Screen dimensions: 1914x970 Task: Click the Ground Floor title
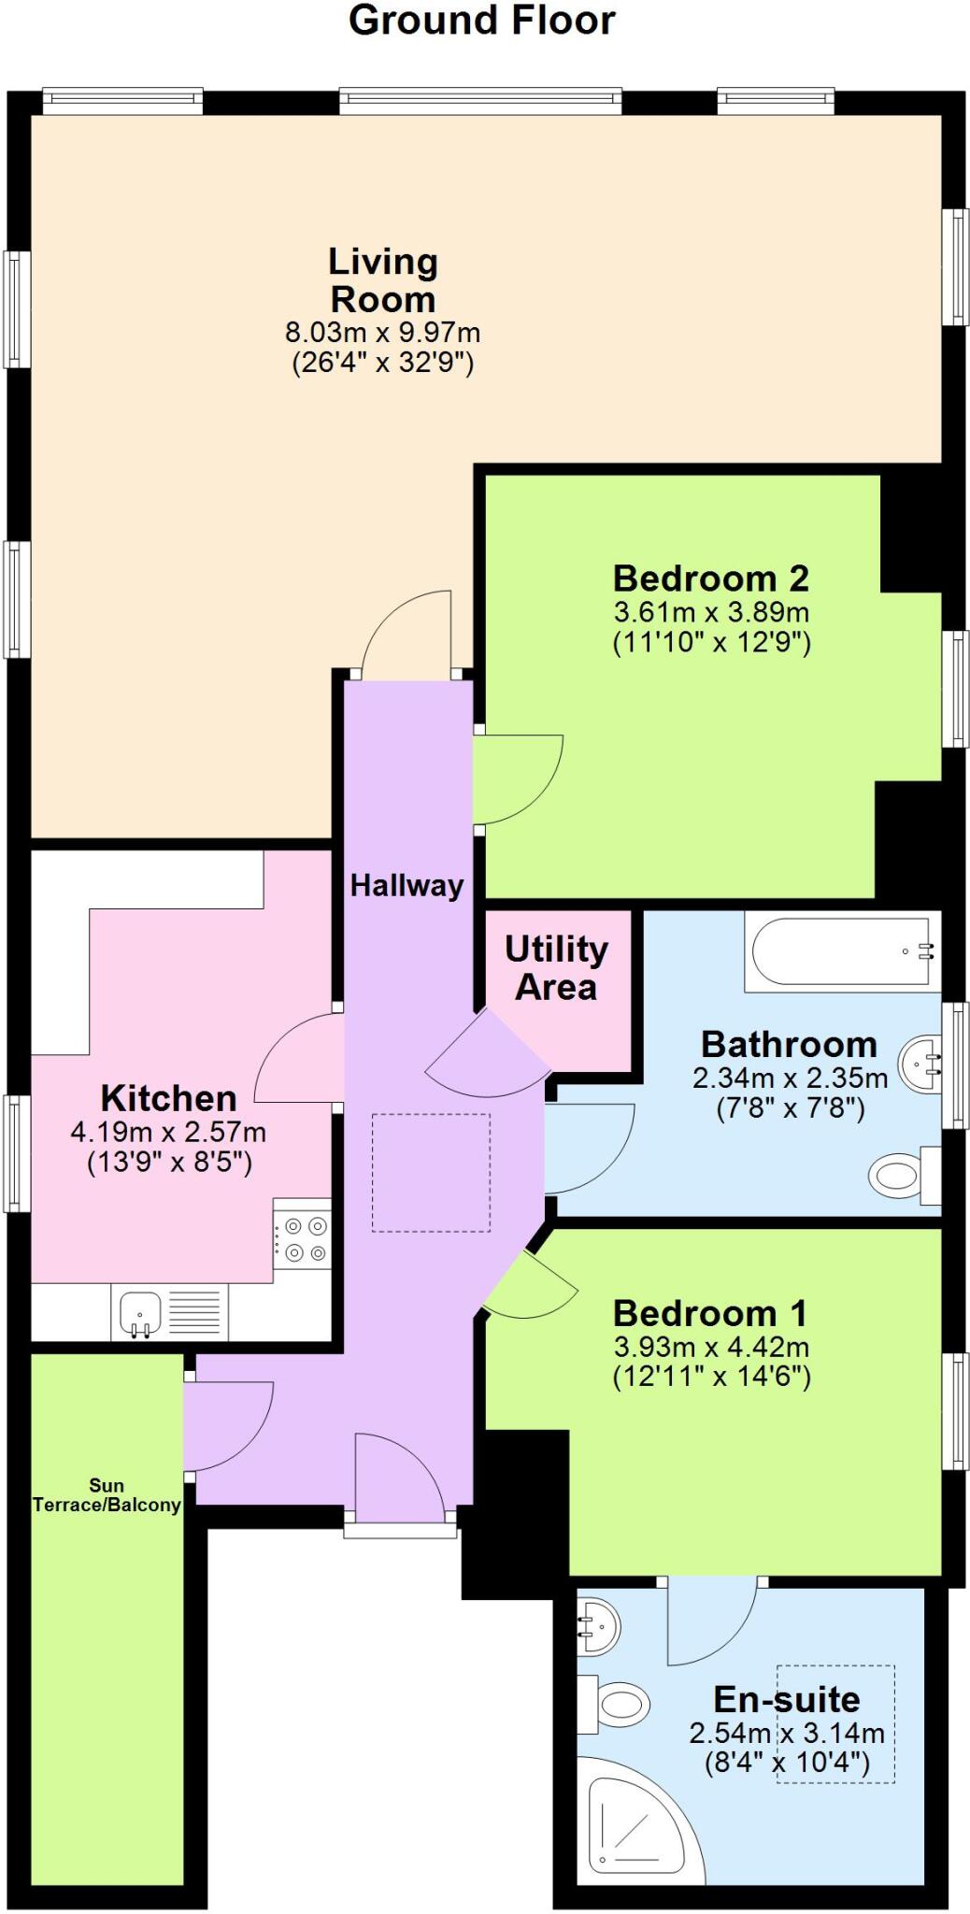click(x=481, y=21)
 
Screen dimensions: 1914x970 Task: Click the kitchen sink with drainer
click(x=169, y=1311)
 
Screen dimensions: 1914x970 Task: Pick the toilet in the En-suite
click(x=617, y=1703)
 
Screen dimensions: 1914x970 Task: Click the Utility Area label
click(x=556, y=967)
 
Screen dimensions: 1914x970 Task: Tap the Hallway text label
click(x=407, y=885)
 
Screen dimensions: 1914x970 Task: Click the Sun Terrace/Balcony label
click(x=107, y=1494)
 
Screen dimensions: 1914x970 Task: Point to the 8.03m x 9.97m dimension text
click(x=382, y=332)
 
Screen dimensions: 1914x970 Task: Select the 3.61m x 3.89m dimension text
click(x=710, y=613)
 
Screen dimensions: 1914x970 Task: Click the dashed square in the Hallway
click(x=431, y=1172)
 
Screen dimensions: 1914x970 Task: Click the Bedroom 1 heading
click(x=709, y=1313)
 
